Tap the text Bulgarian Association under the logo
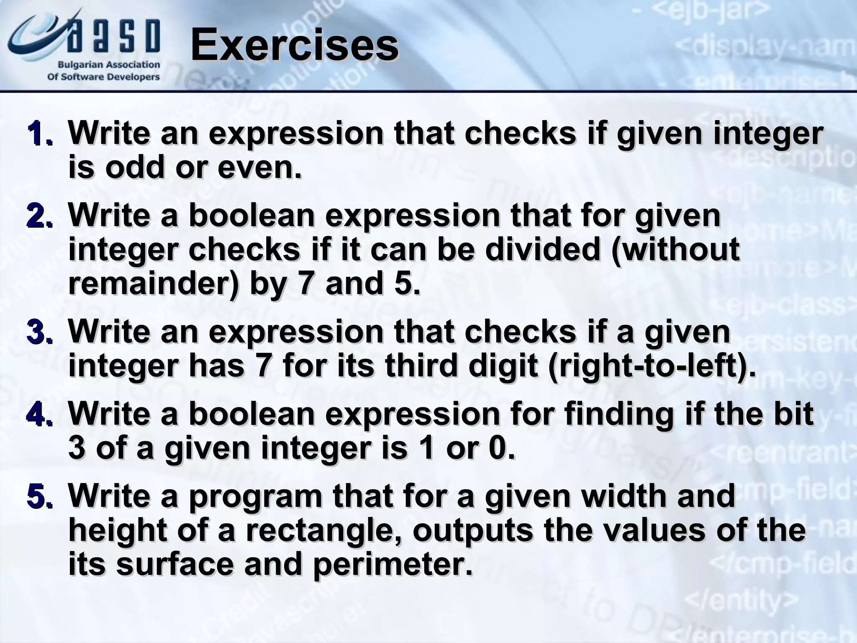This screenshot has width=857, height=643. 108,65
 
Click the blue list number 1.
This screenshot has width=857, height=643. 40,134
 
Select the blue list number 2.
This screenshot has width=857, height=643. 40,216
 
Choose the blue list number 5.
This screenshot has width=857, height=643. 40,497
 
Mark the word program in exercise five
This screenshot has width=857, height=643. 255,497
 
